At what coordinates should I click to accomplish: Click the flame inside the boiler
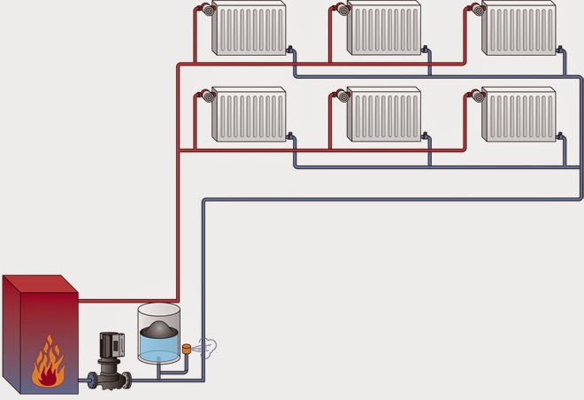[48, 364]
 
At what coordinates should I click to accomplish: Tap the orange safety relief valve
[187, 349]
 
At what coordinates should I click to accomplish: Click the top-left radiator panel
[250, 29]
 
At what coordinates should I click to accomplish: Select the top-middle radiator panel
[383, 29]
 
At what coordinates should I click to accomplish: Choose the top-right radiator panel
[519, 29]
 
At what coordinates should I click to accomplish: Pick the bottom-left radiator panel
[250, 114]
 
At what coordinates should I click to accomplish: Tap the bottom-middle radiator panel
[383, 114]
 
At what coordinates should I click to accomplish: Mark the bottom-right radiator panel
[519, 114]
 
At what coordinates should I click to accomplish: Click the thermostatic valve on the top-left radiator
[206, 11]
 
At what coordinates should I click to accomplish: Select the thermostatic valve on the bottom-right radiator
[476, 95]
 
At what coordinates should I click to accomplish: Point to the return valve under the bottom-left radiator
[291, 137]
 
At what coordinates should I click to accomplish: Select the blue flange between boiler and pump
[91, 381]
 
